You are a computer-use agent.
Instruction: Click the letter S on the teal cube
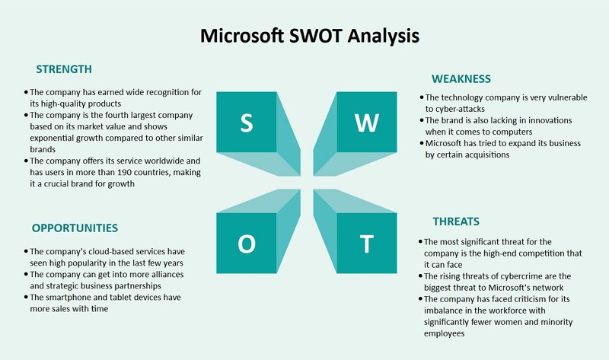(x=247, y=123)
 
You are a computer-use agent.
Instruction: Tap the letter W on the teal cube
(x=366, y=123)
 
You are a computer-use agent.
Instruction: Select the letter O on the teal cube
(x=247, y=244)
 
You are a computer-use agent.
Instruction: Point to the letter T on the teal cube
(x=366, y=244)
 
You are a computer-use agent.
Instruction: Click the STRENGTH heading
(x=64, y=69)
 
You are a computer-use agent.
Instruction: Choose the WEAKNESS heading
(x=461, y=79)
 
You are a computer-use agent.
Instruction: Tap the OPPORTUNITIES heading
(x=75, y=228)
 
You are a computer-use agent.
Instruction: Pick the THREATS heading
(x=456, y=221)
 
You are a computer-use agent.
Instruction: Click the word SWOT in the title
(x=315, y=36)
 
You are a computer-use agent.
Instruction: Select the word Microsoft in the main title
(x=242, y=36)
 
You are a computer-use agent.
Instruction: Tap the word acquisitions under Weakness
(x=485, y=155)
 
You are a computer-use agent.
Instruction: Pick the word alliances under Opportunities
(x=167, y=275)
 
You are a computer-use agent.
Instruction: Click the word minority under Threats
(x=557, y=323)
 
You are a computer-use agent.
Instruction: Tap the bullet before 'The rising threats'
(x=420, y=276)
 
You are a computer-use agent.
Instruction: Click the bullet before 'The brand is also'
(x=422, y=120)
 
